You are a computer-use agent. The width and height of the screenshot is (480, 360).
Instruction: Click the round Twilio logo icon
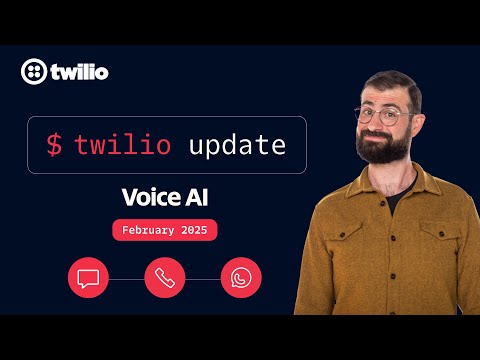pyautogui.click(x=33, y=72)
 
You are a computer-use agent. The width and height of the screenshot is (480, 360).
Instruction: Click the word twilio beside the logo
pyautogui.click(x=79, y=72)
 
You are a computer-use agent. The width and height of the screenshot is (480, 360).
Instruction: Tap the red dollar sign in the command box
pyautogui.click(x=54, y=145)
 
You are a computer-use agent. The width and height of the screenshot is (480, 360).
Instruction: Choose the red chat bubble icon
pyautogui.click(x=88, y=277)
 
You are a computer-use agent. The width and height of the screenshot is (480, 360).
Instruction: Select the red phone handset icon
pyautogui.click(x=165, y=277)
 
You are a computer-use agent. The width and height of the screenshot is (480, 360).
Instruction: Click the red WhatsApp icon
pyautogui.click(x=241, y=277)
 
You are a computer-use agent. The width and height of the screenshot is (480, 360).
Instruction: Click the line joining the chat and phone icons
pyautogui.click(x=126, y=277)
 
